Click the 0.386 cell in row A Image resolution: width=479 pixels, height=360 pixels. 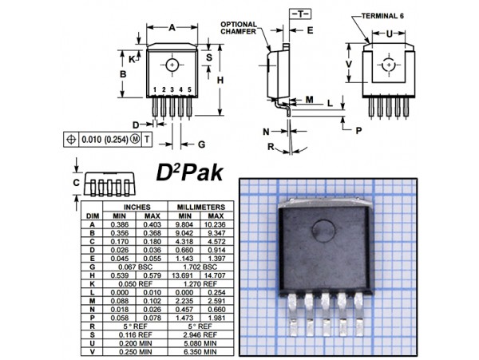[x=120, y=225]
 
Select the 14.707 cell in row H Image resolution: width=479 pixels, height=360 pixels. [x=215, y=275]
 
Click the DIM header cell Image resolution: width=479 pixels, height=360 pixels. [x=93, y=216]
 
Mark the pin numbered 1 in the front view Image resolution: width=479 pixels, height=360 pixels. [x=155, y=89]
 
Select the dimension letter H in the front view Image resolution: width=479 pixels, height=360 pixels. [x=220, y=80]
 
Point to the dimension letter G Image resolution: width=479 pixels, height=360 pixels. [x=202, y=144]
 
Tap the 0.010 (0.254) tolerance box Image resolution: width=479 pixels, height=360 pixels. [x=105, y=138]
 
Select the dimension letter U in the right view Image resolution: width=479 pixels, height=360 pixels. [x=388, y=34]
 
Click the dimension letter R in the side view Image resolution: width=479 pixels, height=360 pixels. [x=271, y=146]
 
